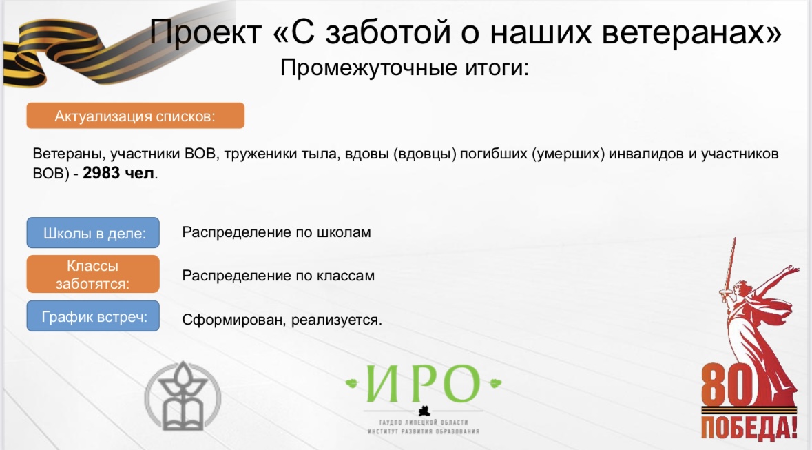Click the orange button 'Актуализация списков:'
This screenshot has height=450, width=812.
tap(135, 116)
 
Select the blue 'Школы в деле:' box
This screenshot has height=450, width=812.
tap(93, 233)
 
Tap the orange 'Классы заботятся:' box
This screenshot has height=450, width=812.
tap(93, 274)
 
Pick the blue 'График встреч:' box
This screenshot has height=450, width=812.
tap(93, 316)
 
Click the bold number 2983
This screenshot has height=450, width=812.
tap(101, 173)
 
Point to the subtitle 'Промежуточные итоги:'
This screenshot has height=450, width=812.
tap(405, 68)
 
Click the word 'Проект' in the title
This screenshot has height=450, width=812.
tap(206, 32)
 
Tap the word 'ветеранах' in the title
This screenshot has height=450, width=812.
tap(686, 32)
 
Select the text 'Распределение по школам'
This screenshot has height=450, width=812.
tap(277, 232)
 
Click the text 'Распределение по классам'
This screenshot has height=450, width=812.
tap(278, 275)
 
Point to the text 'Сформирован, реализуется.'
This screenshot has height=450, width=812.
tap(282, 319)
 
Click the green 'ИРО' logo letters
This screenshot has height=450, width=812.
tap(423, 384)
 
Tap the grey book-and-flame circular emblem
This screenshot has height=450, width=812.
tap(183, 397)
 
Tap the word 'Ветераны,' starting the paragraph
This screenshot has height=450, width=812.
tap(70, 154)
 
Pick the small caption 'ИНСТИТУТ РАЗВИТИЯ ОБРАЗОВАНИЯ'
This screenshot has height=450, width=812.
tap(424, 431)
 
